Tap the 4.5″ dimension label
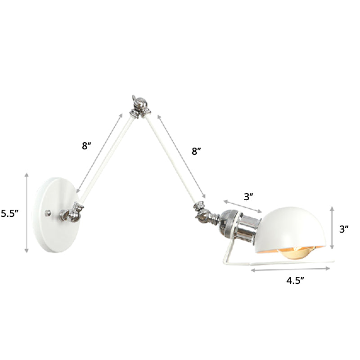(x=296, y=281)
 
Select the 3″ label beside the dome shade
(x=344, y=229)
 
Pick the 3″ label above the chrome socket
(x=248, y=196)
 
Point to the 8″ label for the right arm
(x=197, y=151)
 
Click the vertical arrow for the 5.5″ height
(x=27, y=211)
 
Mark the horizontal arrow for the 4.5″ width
(x=292, y=270)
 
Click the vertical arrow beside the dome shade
(x=332, y=228)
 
